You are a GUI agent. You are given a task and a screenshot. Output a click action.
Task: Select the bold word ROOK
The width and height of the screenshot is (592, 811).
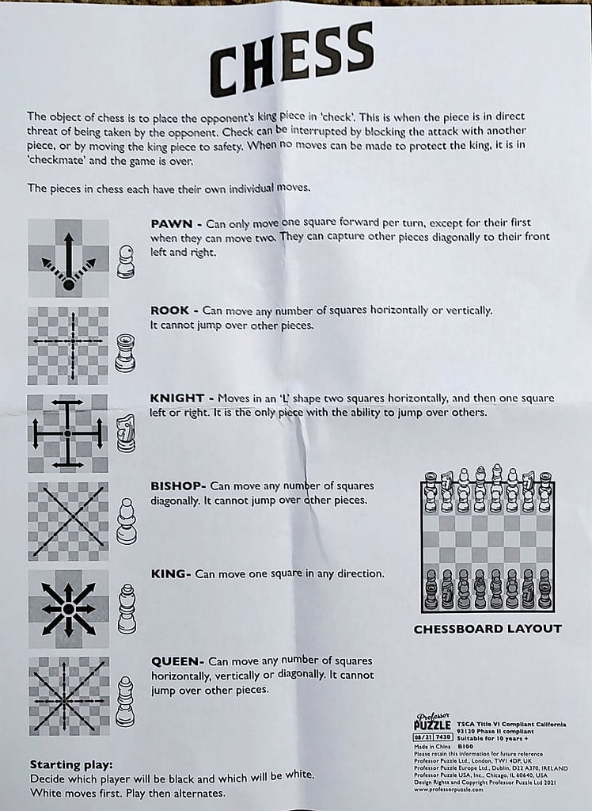tap(169, 310)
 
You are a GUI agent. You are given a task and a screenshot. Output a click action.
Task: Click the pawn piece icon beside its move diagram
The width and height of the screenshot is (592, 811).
tap(125, 261)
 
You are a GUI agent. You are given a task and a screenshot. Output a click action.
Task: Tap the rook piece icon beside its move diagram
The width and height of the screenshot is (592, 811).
tap(124, 352)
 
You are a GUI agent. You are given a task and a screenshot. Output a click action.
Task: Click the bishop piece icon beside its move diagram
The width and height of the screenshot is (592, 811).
tap(125, 522)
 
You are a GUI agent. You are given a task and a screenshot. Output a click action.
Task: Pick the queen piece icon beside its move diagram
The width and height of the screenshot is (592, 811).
tap(125, 701)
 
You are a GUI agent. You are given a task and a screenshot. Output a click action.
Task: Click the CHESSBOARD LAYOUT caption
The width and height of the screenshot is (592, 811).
tap(488, 629)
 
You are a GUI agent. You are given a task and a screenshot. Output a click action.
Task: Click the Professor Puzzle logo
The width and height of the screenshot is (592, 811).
tap(432, 722)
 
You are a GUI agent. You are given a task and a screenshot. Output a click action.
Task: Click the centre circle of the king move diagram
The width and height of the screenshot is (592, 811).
tap(68, 608)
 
